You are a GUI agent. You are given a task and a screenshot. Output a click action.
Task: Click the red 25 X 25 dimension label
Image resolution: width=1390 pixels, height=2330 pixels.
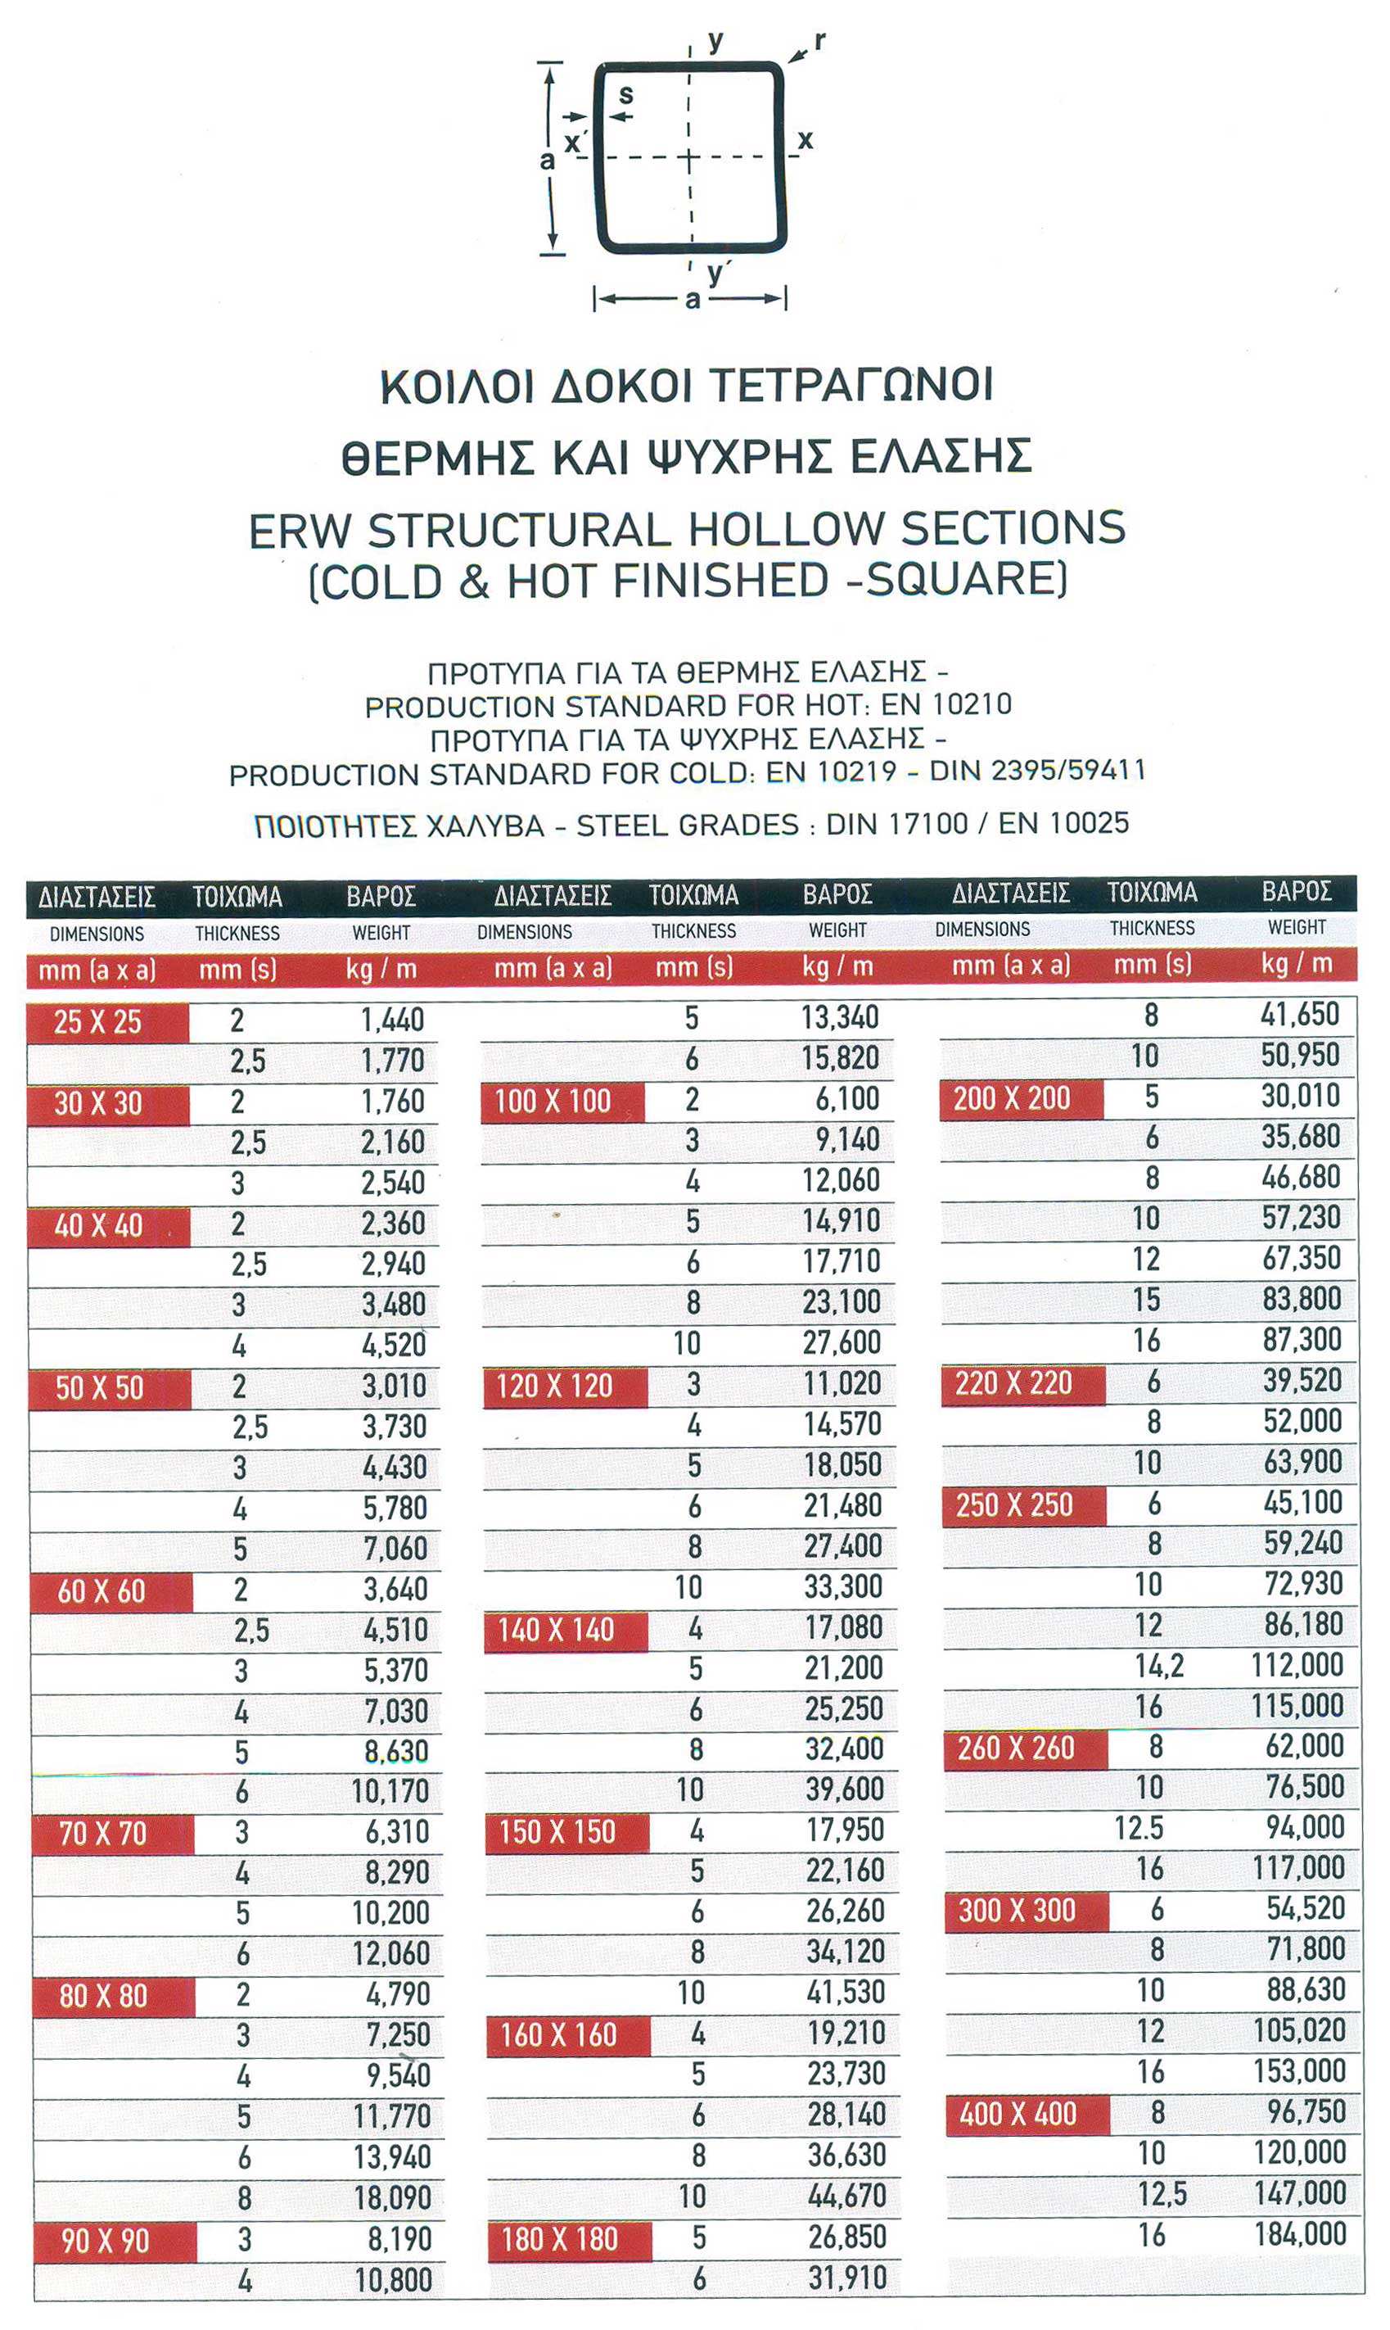[97, 1022]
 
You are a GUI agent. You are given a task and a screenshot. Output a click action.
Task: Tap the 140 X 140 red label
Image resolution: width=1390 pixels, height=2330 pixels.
[556, 1630]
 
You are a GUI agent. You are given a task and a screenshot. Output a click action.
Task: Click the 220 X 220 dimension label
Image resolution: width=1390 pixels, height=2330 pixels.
[1013, 1382]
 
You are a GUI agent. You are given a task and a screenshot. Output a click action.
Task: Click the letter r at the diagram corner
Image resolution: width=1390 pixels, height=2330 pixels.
[819, 40]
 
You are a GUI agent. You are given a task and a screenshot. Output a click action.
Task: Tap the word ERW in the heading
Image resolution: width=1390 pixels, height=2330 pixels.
[299, 532]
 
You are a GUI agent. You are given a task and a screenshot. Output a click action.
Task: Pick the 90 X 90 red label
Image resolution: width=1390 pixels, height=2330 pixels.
[105, 2241]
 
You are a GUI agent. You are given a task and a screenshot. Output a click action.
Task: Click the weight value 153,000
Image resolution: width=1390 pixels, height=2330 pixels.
[1299, 2070]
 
